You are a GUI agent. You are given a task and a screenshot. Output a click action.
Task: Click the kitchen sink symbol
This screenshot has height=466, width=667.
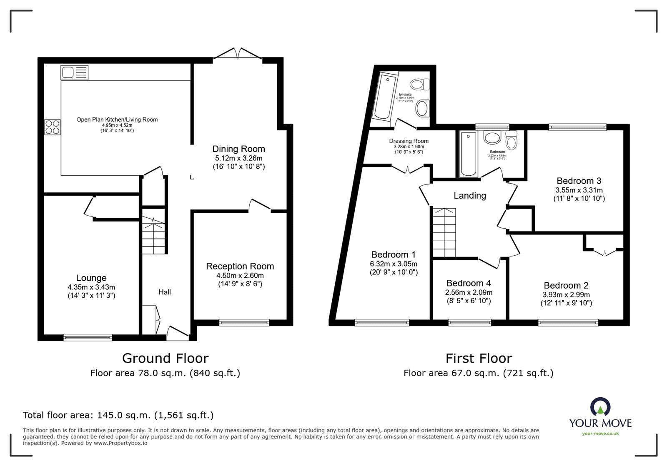pos(75,73)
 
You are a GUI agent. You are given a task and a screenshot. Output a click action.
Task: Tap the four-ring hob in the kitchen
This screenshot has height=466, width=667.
pos(53,127)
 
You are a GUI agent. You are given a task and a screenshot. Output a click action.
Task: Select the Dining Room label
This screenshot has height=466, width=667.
pos(238,149)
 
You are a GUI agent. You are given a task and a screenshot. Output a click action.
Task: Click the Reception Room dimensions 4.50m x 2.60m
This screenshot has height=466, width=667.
pos(240,275)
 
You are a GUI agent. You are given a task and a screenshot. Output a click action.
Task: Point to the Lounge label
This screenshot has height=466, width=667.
pos(91,278)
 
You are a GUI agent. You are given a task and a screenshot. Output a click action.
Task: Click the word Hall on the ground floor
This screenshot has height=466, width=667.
pos(165,292)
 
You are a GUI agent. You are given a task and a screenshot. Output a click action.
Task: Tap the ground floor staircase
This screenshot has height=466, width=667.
pos(154,235)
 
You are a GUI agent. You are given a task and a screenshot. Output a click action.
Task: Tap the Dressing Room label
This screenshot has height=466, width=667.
pos(409,141)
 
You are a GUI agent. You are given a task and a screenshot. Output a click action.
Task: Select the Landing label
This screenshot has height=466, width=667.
pos(470,196)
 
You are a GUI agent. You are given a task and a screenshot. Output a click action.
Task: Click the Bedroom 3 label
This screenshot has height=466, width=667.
pos(579,181)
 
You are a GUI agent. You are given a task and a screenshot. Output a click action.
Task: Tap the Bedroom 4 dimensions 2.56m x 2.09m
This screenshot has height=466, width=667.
pos(469,292)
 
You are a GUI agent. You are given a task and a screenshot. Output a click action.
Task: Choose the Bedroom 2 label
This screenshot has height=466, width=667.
pos(566,285)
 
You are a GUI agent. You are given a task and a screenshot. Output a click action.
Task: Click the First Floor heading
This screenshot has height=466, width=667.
pos(479,358)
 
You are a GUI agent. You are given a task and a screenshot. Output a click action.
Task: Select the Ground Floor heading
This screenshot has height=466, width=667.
pos(165,358)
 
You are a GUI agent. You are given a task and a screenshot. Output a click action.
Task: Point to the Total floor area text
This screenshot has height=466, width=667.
pos(118,415)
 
